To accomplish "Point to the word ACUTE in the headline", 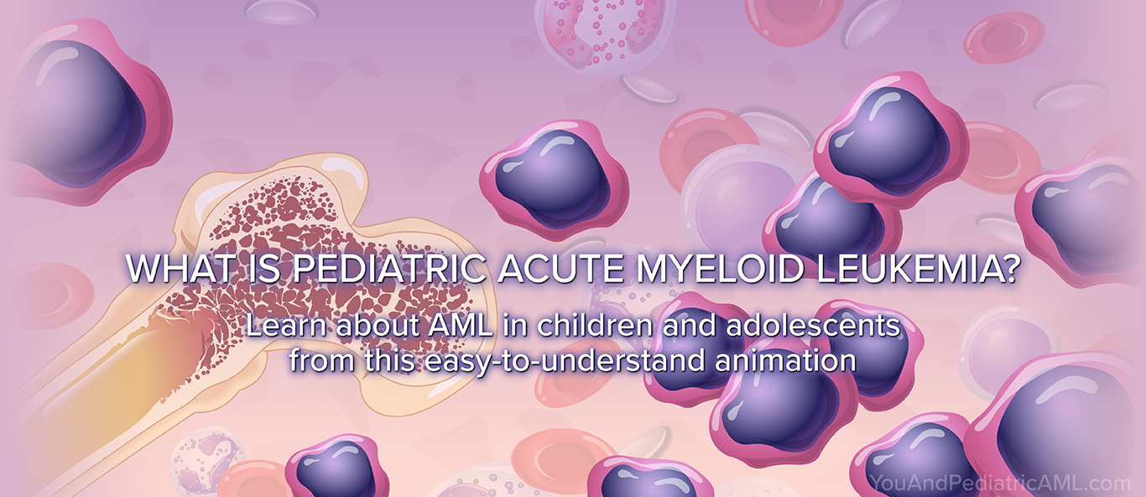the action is pyautogui.click(x=561, y=268).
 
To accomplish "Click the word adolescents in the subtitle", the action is pyautogui.click(x=813, y=325).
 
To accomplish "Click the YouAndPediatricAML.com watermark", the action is pyautogui.click(x=1000, y=483).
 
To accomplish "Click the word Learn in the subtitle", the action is pyautogui.click(x=287, y=326).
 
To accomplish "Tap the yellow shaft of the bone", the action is pyautogui.click(x=102, y=389).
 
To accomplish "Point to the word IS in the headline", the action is pyautogui.click(x=265, y=268).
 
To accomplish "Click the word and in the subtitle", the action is pyautogui.click(x=690, y=325).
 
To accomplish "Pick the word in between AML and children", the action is pyautogui.click(x=514, y=326).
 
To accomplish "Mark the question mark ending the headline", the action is pyautogui.click(x=1010, y=268).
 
